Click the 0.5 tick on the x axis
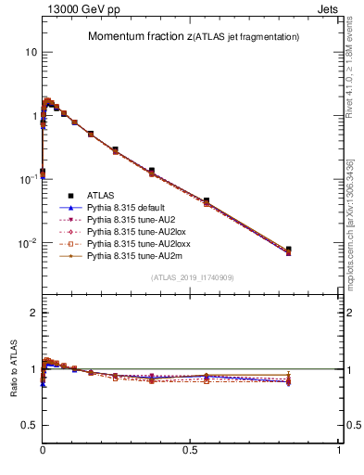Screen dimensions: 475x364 [191, 449]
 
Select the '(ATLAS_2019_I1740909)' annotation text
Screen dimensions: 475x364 [191, 277]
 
